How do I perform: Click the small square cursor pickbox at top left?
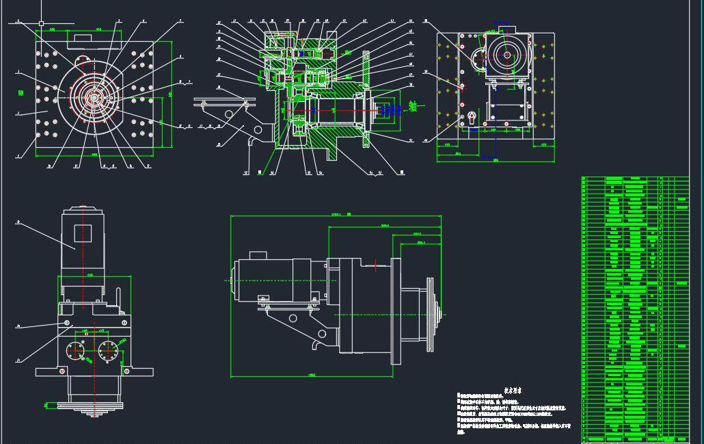click(x=41, y=23)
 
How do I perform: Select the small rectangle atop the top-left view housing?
click(x=87, y=38)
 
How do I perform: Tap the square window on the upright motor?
click(x=83, y=232)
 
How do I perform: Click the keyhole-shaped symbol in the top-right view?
click(x=470, y=118)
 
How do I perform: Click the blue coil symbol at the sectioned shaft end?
click(x=389, y=109)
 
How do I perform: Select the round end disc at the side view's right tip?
click(x=431, y=315)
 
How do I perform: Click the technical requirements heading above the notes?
click(x=512, y=390)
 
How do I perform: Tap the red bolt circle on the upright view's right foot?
click(x=126, y=371)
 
